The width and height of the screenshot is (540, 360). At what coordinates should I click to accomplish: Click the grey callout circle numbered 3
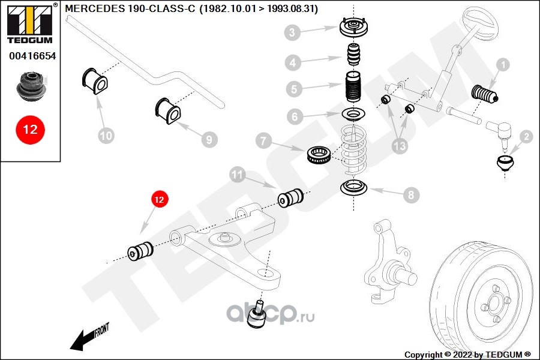[292, 32]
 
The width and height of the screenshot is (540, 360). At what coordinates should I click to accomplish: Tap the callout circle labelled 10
[106, 136]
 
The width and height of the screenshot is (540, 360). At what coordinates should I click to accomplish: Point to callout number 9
[208, 140]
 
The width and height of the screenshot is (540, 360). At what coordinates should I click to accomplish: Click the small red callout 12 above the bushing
[159, 199]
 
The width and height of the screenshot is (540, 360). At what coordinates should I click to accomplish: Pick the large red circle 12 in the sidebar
[30, 129]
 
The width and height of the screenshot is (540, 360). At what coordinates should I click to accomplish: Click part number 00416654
[31, 56]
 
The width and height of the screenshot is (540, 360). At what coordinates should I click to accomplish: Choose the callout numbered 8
[410, 195]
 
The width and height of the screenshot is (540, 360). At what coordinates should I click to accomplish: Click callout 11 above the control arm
[238, 175]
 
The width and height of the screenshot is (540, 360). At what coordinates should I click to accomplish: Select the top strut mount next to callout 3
[354, 29]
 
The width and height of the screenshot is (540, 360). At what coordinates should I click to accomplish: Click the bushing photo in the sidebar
[30, 86]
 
